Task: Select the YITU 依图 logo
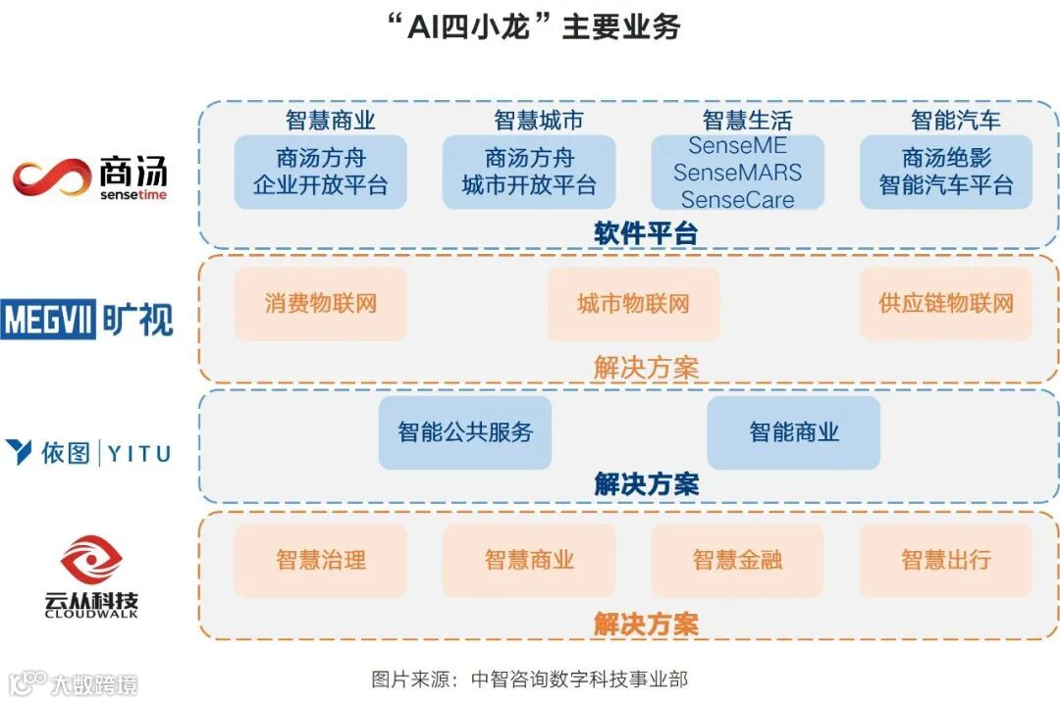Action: coord(87,453)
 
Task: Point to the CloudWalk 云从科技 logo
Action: coord(90,577)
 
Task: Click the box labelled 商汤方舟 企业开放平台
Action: coord(320,172)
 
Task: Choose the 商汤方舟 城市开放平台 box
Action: coord(529,172)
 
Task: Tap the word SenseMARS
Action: coord(737,173)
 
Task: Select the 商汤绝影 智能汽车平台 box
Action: coord(946,172)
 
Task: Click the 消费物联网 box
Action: coord(320,304)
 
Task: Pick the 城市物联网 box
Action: coord(633,304)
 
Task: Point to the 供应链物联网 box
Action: coord(946,304)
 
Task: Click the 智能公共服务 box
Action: coord(465,432)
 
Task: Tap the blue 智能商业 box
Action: coord(794,432)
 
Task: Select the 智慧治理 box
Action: coord(320,561)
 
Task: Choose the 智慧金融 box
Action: coord(737,561)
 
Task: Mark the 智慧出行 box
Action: coord(946,561)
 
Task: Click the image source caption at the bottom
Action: coord(530,679)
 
